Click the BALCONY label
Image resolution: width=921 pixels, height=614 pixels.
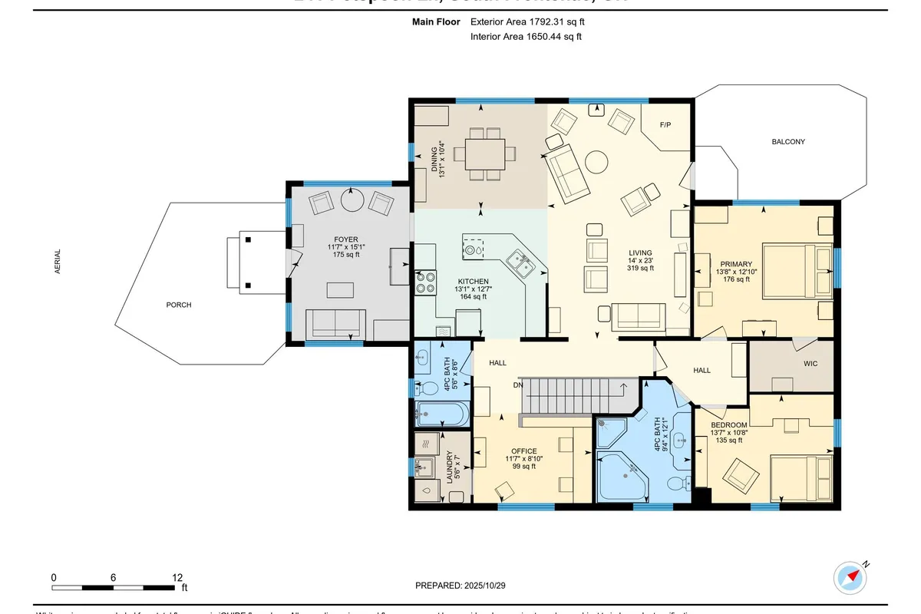pos(788,142)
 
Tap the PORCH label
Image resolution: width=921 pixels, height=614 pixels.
pos(178,305)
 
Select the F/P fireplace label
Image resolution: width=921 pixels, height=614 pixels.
pos(665,124)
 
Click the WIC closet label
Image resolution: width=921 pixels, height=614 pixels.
pos(811,364)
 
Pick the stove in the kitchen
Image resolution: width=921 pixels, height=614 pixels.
pos(425,282)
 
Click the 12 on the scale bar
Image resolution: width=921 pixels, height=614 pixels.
pos(177,577)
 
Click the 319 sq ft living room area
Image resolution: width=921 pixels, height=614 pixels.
pos(640,268)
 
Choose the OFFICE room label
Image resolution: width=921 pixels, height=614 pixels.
pos(523,451)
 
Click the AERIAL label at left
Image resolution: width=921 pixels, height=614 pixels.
pos(58,262)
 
